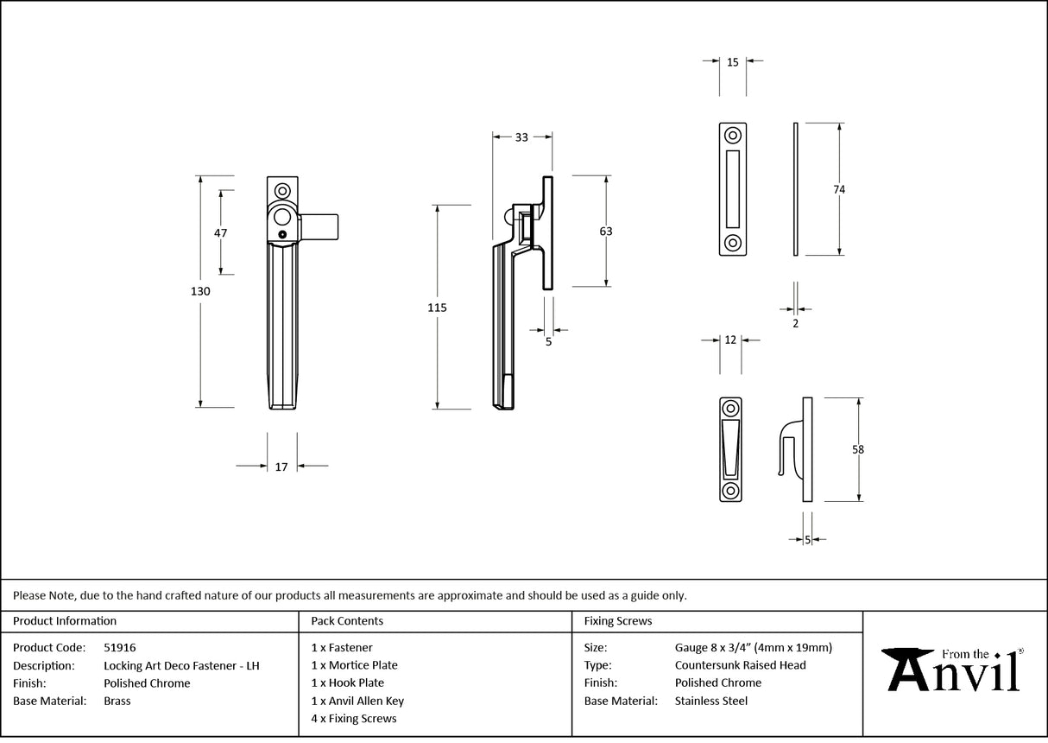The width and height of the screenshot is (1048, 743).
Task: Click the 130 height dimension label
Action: (x=200, y=291)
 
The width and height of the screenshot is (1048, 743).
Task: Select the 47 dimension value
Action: (x=220, y=232)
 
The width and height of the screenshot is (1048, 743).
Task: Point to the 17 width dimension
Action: (x=281, y=467)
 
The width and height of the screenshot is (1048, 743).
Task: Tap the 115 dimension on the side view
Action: (x=438, y=307)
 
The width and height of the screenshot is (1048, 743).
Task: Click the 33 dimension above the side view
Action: (x=521, y=137)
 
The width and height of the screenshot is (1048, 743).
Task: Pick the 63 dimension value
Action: (x=605, y=231)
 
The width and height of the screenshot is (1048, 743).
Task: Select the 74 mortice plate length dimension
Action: (x=839, y=189)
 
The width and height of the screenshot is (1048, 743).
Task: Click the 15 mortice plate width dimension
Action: (x=732, y=62)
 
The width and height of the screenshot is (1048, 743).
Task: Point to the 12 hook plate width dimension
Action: (x=730, y=340)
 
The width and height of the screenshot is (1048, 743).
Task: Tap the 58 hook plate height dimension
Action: (x=857, y=449)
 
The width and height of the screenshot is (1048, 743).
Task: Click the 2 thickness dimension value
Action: (x=795, y=323)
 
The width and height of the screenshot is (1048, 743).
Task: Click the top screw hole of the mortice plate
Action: (x=733, y=136)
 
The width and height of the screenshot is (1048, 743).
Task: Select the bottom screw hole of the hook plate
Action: (x=730, y=491)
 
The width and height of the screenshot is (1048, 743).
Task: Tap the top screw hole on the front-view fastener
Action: (x=281, y=191)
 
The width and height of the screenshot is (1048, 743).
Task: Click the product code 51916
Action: (x=119, y=647)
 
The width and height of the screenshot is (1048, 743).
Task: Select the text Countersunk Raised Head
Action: (x=740, y=665)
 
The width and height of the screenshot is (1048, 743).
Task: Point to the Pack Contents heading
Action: (x=347, y=620)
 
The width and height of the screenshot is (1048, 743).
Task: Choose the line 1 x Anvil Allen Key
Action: (x=357, y=701)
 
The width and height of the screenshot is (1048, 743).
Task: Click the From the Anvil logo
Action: (x=955, y=669)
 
